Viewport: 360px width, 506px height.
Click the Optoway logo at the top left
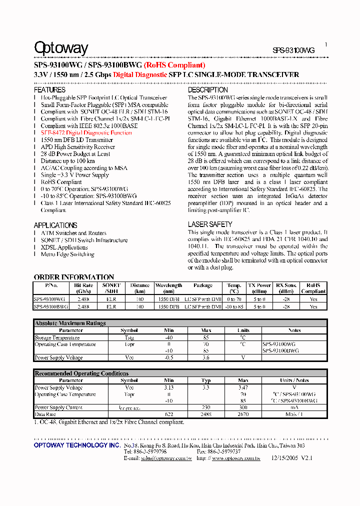tap(60, 48)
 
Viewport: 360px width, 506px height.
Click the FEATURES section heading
tap(49, 90)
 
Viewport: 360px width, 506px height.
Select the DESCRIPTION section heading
tap(207, 90)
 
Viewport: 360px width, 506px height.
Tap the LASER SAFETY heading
tap(210, 224)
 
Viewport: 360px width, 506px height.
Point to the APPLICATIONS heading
tap(55, 225)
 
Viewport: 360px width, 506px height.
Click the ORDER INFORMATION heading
tap(74, 277)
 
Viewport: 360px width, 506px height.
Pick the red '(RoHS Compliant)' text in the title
tap(174, 65)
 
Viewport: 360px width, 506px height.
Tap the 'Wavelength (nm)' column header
tap(168, 288)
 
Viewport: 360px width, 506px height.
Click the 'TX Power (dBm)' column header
tap(259, 288)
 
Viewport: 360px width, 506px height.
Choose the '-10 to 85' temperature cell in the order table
tap(234, 306)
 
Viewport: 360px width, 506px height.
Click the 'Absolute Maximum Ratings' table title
tap(70, 323)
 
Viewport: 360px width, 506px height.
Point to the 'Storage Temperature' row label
tap(57, 337)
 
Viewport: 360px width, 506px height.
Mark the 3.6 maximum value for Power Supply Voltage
tap(206, 357)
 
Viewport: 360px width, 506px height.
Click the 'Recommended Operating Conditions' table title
tap(81, 373)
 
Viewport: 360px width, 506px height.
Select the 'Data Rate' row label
tap(45, 414)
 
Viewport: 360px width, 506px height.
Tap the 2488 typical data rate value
tap(206, 414)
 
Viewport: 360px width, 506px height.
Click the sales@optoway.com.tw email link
tap(166, 458)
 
